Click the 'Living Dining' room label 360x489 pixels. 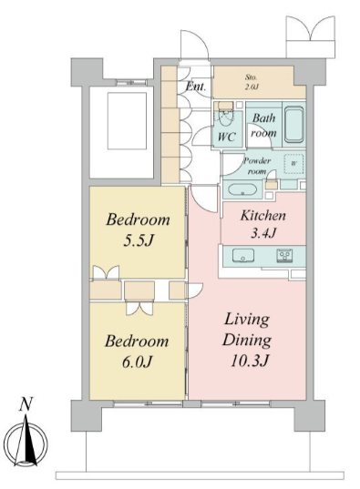pyautogui.click(x=247, y=330)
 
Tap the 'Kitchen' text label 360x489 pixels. pyautogui.click(x=262, y=216)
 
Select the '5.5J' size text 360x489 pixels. pyautogui.click(x=139, y=240)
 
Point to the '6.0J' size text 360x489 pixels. pyautogui.click(x=137, y=362)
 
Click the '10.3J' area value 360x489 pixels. pyautogui.click(x=250, y=361)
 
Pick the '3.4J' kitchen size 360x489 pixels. pyautogui.click(x=263, y=232)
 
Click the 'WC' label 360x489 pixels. pyautogui.click(x=227, y=137)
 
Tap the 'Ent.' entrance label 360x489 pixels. pyautogui.click(x=196, y=87)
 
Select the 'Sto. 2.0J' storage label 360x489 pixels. pyautogui.click(x=252, y=82)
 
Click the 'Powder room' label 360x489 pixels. pyautogui.click(x=257, y=166)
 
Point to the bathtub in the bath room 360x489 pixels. pyautogui.click(x=293, y=125)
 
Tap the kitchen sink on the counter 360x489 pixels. pyautogui.click(x=243, y=256)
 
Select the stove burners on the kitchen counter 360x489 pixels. pyautogui.click(x=284, y=255)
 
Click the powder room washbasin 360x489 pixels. pyautogui.click(x=242, y=189)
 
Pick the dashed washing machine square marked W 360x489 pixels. pyautogui.click(x=293, y=164)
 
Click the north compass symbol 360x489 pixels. pyautogui.click(x=26, y=443)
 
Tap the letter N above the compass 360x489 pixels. pyautogui.click(x=26, y=404)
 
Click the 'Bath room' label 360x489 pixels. pyautogui.click(x=263, y=126)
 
